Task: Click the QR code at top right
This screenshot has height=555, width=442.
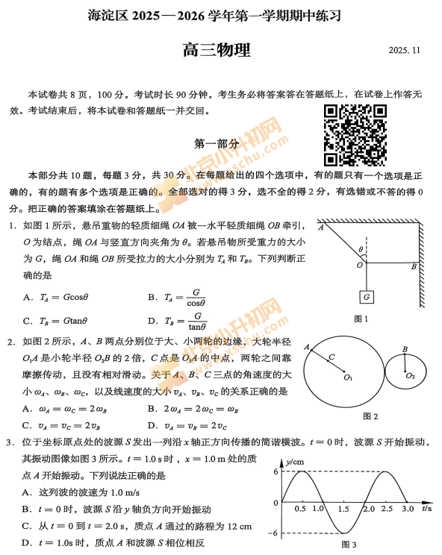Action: point(355,134)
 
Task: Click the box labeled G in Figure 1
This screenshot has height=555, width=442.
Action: point(366,296)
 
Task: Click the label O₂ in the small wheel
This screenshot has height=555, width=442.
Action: point(411,376)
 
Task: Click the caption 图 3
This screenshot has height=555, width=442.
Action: point(349,544)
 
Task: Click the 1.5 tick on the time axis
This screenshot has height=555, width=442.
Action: point(343,509)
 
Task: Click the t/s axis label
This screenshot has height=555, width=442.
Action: point(428,509)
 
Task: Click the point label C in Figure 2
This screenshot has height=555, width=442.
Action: point(331,357)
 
